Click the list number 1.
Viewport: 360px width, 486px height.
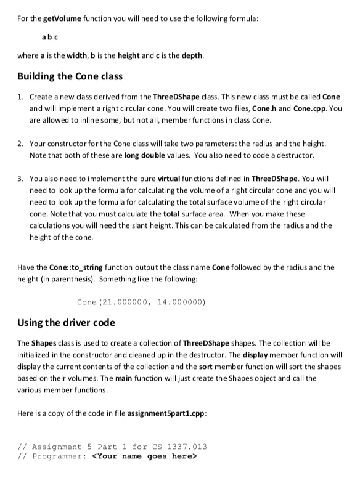[20, 98]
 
